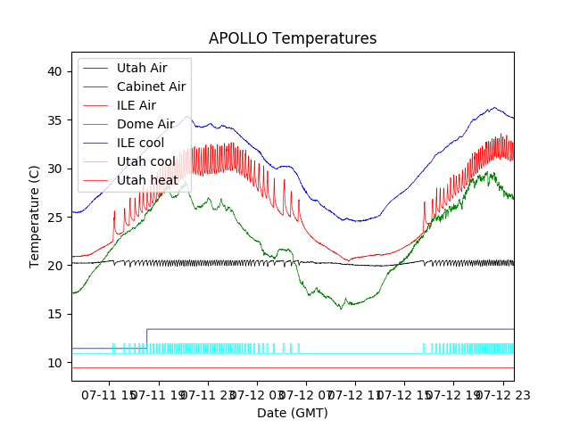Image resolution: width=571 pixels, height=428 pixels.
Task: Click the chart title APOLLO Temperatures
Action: tap(293, 38)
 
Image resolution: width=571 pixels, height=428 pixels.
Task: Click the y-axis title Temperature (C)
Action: tap(35, 216)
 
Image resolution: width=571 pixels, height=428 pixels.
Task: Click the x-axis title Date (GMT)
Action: tap(293, 413)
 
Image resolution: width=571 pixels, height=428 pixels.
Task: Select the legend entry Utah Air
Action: tap(141, 68)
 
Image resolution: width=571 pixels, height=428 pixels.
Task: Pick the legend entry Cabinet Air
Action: tap(151, 86)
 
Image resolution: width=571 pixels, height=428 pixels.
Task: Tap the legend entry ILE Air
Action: tap(136, 105)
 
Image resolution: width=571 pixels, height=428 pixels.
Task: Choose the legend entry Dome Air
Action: tap(145, 124)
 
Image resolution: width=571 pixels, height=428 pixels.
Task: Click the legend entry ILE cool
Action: tap(140, 143)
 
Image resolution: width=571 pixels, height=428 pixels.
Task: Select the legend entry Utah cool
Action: tap(145, 161)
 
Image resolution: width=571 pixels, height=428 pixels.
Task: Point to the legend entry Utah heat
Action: tap(146, 180)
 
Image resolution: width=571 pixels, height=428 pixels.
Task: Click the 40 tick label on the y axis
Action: tap(55, 71)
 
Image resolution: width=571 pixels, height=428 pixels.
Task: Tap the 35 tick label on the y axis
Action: tap(55, 119)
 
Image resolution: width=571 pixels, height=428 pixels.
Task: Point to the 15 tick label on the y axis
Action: tap(55, 314)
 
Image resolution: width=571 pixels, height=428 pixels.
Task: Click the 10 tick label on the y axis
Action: tap(55, 363)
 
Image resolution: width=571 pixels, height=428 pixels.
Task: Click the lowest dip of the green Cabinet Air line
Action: tap(340, 308)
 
